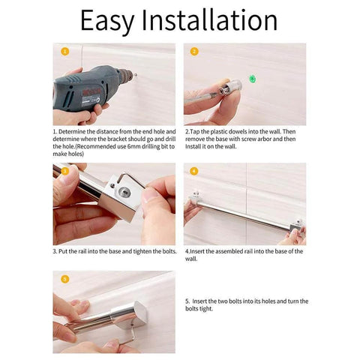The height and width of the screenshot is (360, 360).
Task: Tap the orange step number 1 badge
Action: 65,52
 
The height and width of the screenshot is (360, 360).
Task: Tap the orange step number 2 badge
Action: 194,52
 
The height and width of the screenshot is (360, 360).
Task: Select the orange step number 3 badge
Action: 65,171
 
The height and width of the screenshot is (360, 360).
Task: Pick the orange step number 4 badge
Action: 194,171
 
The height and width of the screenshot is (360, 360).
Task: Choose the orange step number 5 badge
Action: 65,279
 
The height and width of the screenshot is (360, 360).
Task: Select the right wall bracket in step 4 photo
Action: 297,225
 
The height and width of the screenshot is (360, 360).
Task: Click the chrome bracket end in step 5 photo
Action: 129,316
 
